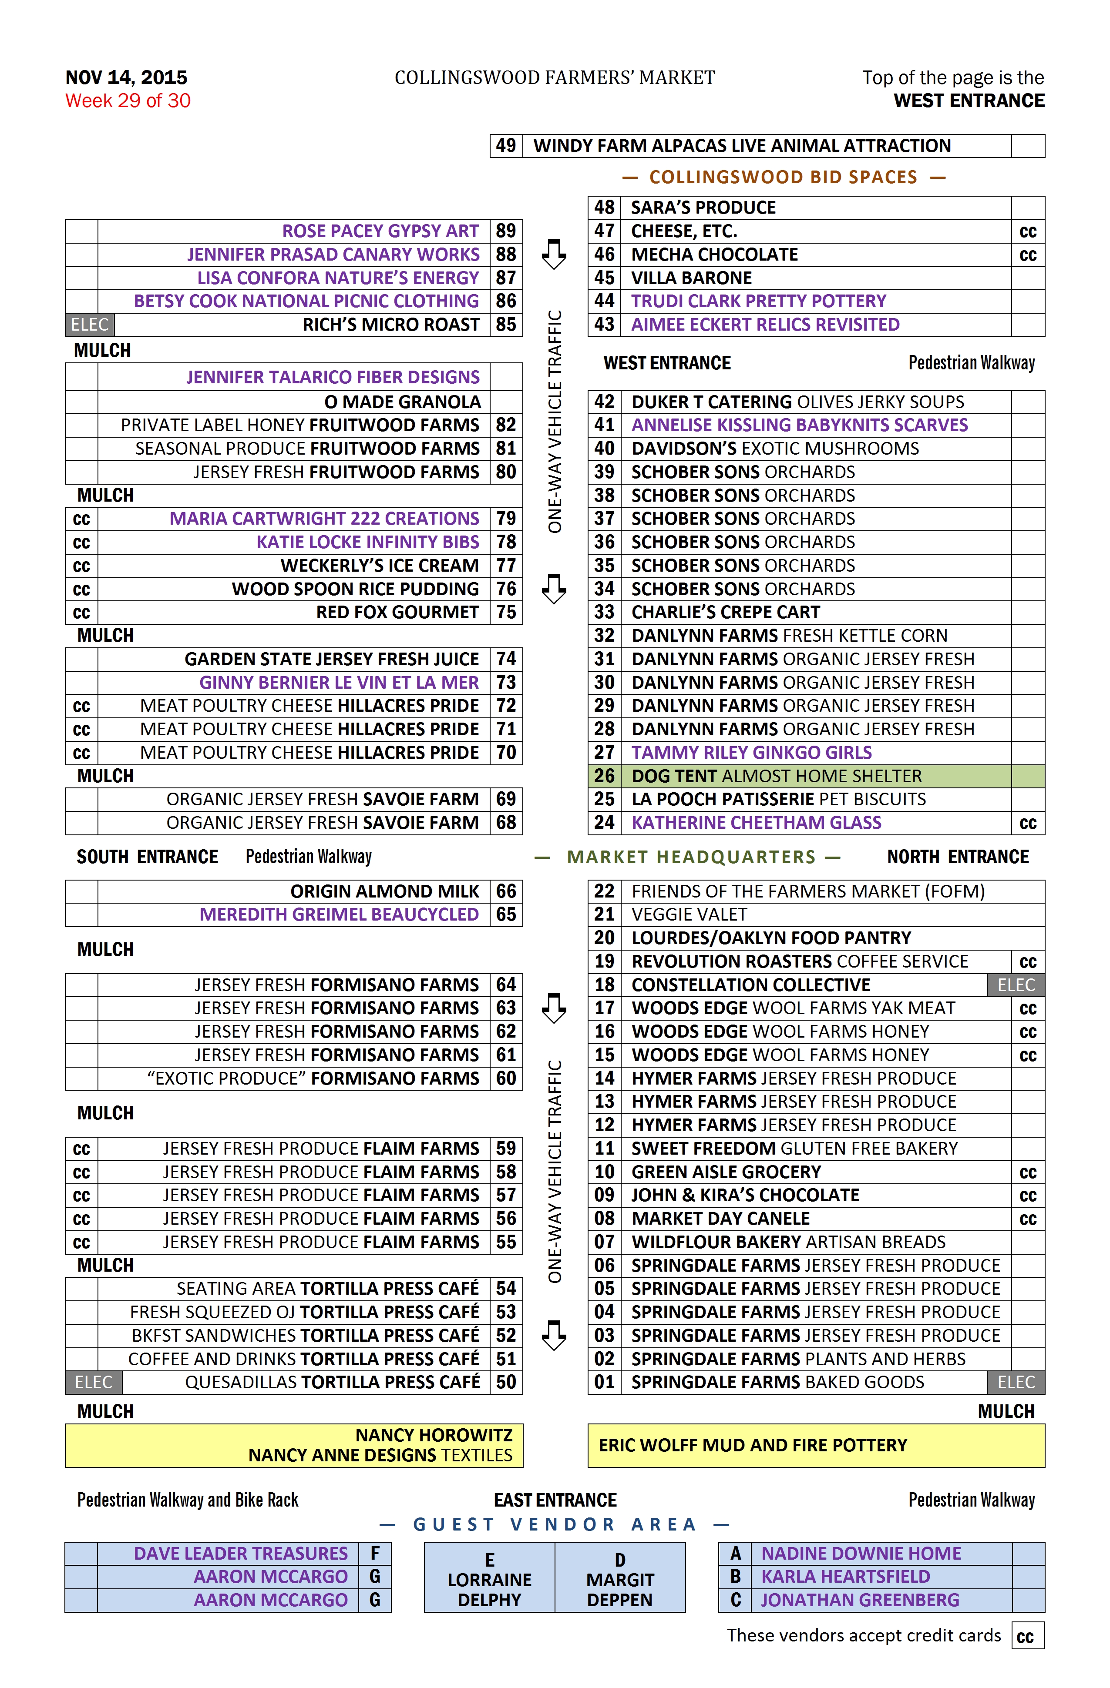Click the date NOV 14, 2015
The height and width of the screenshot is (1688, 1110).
(x=126, y=77)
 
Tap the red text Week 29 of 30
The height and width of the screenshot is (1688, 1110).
(x=128, y=100)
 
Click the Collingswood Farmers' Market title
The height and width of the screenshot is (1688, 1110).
(x=554, y=77)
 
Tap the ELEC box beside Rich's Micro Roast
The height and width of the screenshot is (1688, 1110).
(x=89, y=325)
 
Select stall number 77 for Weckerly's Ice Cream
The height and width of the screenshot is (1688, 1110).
(x=505, y=565)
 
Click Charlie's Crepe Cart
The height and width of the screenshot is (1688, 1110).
(x=725, y=612)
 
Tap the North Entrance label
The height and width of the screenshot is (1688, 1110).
(x=957, y=857)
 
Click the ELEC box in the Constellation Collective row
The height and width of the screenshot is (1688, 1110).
(x=1016, y=985)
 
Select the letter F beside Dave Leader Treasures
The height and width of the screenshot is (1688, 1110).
(x=375, y=1553)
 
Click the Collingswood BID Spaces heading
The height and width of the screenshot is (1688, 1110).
(x=783, y=178)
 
